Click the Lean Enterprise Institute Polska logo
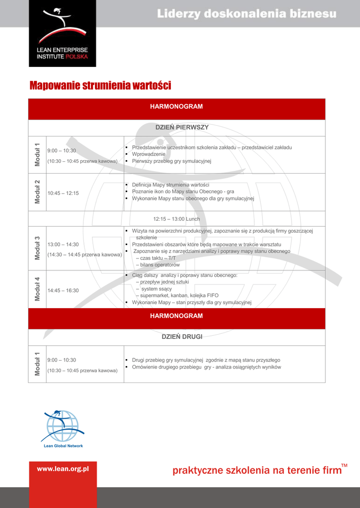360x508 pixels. point(62,33)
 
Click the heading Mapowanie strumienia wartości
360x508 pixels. point(100,86)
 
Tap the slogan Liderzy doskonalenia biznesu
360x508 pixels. point(247,14)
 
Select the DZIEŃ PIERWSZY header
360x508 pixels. point(182,127)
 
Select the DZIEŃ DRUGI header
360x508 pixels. point(182,337)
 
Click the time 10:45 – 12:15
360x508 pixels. point(63,193)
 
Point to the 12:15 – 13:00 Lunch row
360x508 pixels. point(176,219)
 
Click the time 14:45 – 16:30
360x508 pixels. point(63,290)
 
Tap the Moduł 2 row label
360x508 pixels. point(37,191)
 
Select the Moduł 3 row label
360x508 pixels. point(37,248)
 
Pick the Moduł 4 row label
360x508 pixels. point(37,289)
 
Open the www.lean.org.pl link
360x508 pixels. point(63,468)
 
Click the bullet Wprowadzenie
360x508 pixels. point(148,154)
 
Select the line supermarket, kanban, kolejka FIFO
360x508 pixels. point(177,295)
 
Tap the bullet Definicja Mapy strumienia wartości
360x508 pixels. point(170,185)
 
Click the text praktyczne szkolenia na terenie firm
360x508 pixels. point(257,470)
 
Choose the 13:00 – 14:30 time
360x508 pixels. point(63,245)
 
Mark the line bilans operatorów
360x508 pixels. point(158,265)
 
